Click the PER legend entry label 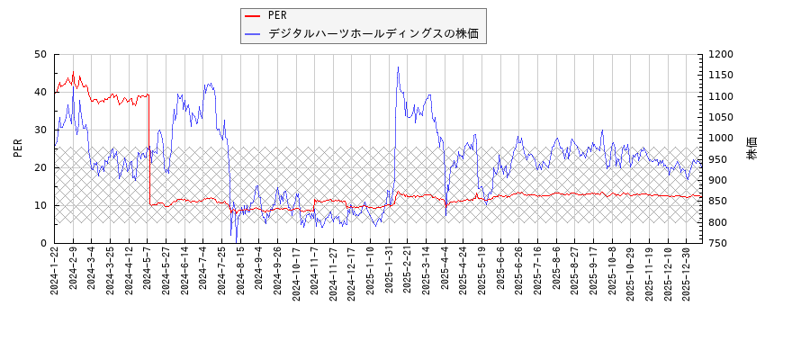click(x=277, y=15)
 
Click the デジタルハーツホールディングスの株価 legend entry click(x=373, y=34)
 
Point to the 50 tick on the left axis click(x=40, y=54)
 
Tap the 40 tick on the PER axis click(x=40, y=92)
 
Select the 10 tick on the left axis click(x=40, y=205)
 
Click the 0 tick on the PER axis click(x=43, y=243)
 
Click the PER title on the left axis click(x=18, y=148)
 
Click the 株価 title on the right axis click(x=752, y=148)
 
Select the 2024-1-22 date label click(x=55, y=271)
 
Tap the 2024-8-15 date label click(x=241, y=271)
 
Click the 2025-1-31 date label click(x=390, y=271)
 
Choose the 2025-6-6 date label click(x=501, y=269)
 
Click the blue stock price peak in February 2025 click(x=398, y=67)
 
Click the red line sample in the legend click(x=254, y=15)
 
